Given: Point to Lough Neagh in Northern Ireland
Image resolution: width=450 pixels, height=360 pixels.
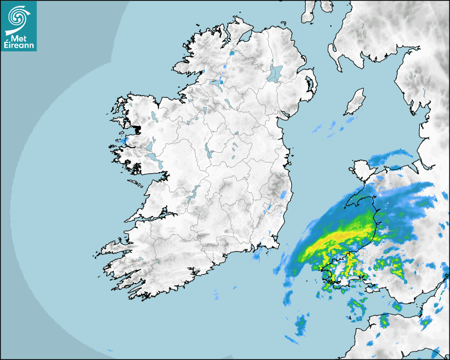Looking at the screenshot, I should [x=275, y=73].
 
